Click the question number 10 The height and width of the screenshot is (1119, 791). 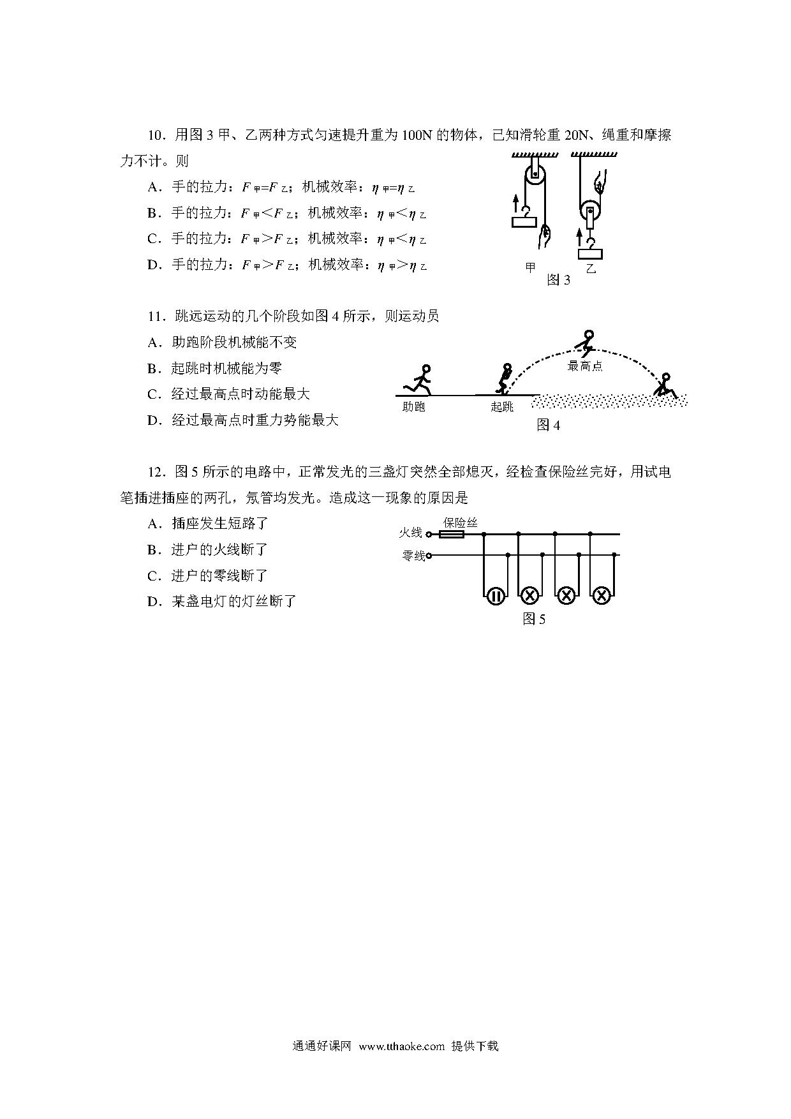pos(156,135)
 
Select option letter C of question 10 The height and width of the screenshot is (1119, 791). pos(153,239)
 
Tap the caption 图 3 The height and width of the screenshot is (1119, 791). pos(558,280)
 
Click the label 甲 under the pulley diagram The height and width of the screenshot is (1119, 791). pos(530,267)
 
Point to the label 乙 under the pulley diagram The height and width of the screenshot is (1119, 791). pos(591,269)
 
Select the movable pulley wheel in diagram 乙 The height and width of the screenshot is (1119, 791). pos(591,211)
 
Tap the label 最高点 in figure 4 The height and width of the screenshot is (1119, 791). pos(585,366)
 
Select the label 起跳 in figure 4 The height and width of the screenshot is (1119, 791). pos(502,406)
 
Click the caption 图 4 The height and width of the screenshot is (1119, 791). pos(548,425)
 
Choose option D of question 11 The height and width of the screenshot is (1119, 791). pos(153,420)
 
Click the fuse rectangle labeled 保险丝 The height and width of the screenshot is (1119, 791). pos(453,535)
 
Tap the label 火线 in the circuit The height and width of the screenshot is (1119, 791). pos(411,533)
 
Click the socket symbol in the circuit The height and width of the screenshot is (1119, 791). pos(496,596)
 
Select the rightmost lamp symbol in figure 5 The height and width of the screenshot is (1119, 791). pos(601,596)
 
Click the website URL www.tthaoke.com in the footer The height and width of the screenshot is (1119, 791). pos(401,1046)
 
